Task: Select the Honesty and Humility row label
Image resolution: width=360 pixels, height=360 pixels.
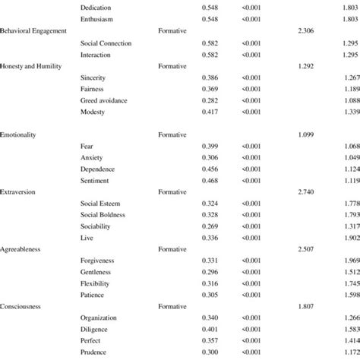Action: pyautogui.click(x=31, y=65)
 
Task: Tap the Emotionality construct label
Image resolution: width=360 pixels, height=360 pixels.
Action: pyautogui.click(x=20, y=134)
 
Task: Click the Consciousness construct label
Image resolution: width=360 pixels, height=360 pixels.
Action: pyautogui.click(x=24, y=306)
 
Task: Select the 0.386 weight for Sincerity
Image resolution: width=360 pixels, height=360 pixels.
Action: pyautogui.click(x=212, y=77)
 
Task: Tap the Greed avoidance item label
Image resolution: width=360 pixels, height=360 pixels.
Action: pyautogui.click(x=104, y=100)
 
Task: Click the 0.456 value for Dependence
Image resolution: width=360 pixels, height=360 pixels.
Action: pyautogui.click(x=212, y=169)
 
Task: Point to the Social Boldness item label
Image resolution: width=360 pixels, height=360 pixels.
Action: pyautogui.click(x=103, y=215)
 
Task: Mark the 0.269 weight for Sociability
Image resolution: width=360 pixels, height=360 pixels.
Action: pyautogui.click(x=212, y=226)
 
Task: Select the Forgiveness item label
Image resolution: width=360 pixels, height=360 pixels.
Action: pyautogui.click(x=96, y=261)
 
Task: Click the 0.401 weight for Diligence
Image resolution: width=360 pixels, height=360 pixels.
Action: pyautogui.click(x=212, y=329)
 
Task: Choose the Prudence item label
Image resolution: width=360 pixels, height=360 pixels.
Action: pyautogui.click(x=94, y=352)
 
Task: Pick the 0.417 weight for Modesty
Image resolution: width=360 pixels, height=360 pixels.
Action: pyautogui.click(x=212, y=112)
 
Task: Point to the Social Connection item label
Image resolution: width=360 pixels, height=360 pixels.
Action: pyautogui.click(x=106, y=43)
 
